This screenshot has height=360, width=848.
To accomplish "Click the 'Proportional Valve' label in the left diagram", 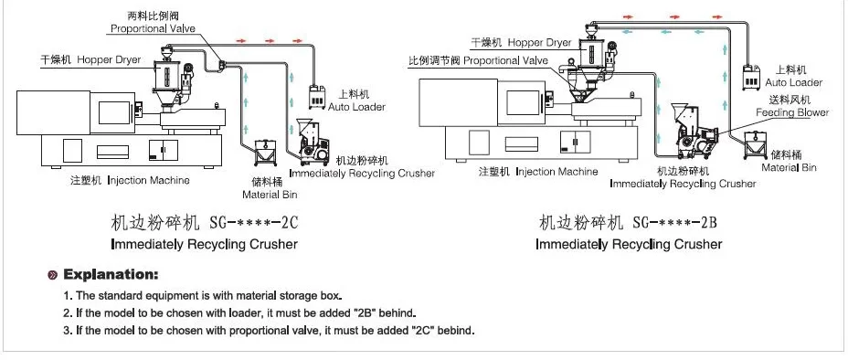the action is point(153,28).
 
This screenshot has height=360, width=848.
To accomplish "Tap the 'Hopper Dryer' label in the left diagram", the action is point(109,59).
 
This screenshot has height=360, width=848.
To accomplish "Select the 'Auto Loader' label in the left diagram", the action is point(357,107).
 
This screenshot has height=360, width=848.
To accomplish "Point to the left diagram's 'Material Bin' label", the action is point(270,195).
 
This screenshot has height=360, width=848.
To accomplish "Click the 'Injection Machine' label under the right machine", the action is point(556,172).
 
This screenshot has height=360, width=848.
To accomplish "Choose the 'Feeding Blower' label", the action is point(792,112).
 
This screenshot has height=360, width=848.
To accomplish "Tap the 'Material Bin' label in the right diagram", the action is point(789,167).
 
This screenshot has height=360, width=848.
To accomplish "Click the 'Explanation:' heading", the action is point(111,275).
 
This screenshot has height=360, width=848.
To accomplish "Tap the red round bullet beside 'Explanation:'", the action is point(53,275).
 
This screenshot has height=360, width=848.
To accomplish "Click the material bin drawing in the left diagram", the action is point(264,153).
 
